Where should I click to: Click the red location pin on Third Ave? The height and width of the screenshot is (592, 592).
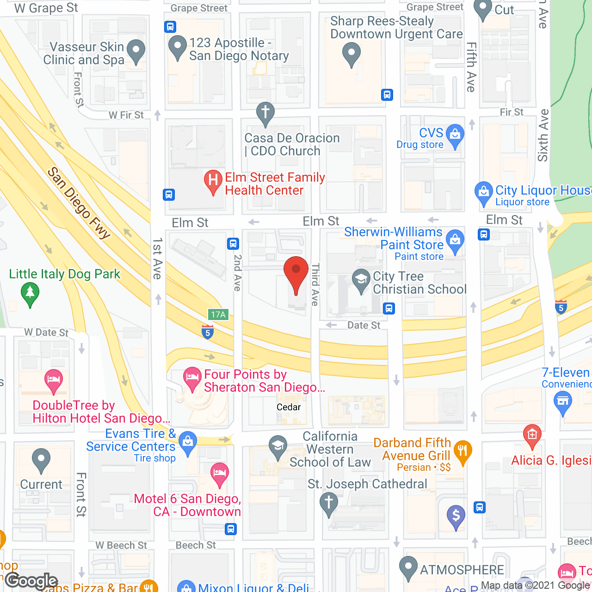tap(296, 273)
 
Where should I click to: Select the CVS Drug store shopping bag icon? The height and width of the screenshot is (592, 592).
tap(455, 136)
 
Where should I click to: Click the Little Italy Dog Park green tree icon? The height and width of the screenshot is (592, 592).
tap(30, 293)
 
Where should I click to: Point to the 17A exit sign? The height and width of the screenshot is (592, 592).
tap(218, 315)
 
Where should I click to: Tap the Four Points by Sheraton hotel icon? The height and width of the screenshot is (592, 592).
tap(192, 377)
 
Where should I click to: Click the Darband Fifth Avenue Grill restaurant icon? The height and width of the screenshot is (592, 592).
tap(462, 451)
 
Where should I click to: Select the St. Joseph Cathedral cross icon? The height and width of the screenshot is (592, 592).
tap(329, 503)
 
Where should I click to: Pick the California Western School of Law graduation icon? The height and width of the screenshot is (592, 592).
tap(277, 446)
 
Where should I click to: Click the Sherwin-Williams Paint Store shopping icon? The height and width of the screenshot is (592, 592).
tap(455, 240)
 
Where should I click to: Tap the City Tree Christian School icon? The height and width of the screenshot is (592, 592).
tap(361, 280)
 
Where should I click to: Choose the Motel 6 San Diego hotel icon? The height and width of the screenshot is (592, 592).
tap(219, 474)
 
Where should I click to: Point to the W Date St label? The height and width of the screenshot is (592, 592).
tap(46, 332)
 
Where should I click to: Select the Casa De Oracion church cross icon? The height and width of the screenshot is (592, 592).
tap(265, 112)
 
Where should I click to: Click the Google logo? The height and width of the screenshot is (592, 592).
tap(31, 581)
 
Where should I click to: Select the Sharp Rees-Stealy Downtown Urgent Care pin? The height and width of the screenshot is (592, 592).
tap(351, 53)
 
